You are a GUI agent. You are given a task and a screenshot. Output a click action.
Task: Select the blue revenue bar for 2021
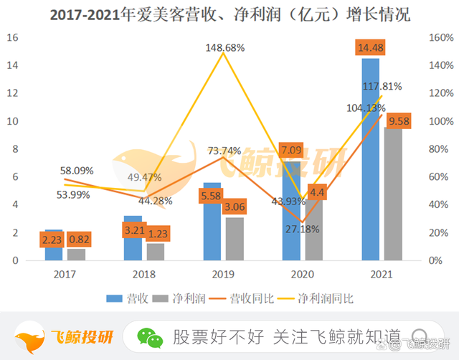370,165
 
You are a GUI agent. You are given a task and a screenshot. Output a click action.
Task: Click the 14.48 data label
370,48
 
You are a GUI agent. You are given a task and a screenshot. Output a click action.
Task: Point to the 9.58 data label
398,122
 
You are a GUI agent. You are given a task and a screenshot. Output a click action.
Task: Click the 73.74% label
224,151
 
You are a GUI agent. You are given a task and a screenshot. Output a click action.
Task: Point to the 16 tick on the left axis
12,38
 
